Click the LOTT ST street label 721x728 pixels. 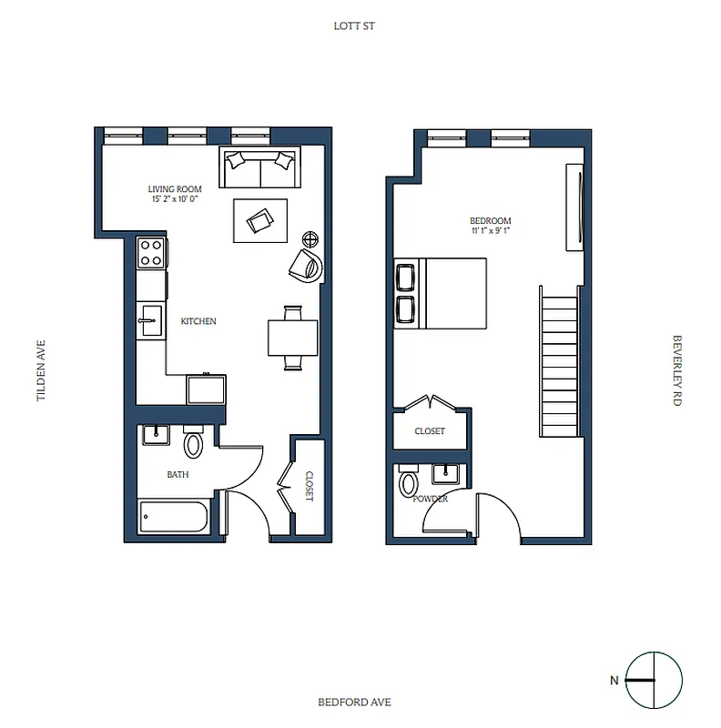[x=354, y=26]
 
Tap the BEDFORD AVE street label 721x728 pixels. [x=354, y=702]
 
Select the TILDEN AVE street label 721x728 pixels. [x=41, y=371]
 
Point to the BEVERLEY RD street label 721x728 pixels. [x=676, y=370]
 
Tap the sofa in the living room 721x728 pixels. [x=260, y=167]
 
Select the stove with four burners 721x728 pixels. [x=151, y=252]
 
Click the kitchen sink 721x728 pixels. [x=150, y=318]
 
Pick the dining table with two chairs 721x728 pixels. [x=293, y=338]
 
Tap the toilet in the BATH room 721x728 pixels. [x=193, y=443]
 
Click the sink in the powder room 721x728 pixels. [x=447, y=473]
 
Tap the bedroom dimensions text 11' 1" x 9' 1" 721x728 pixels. [x=490, y=231]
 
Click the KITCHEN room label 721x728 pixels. [x=198, y=322]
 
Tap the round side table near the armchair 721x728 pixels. [x=310, y=240]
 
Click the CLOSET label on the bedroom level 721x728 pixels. [x=430, y=431]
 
